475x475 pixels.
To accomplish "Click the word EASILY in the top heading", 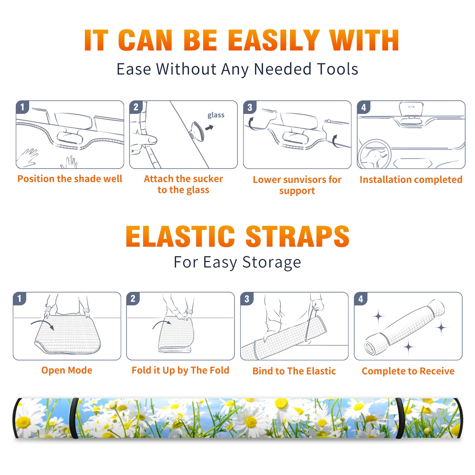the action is [274, 40].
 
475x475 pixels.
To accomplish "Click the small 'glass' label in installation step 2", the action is [216, 115].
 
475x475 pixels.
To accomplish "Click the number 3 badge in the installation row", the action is [250, 107].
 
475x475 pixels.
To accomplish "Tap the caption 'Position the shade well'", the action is [70, 179].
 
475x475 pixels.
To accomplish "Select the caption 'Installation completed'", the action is [411, 180].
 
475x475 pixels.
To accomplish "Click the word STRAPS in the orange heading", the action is [297, 236].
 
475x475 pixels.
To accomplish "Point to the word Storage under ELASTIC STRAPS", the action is [272, 262].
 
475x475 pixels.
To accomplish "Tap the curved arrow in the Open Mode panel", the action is [42, 324].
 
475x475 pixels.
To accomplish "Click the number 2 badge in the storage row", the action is [133, 298].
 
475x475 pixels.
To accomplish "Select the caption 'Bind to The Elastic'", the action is [294, 371].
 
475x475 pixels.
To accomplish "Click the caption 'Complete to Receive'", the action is [408, 371].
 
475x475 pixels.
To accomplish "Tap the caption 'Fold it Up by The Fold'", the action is [180, 370].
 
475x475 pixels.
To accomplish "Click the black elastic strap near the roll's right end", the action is [399, 418].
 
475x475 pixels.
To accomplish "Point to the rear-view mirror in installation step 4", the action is [411, 110].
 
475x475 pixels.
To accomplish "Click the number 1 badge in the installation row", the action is [22, 107].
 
